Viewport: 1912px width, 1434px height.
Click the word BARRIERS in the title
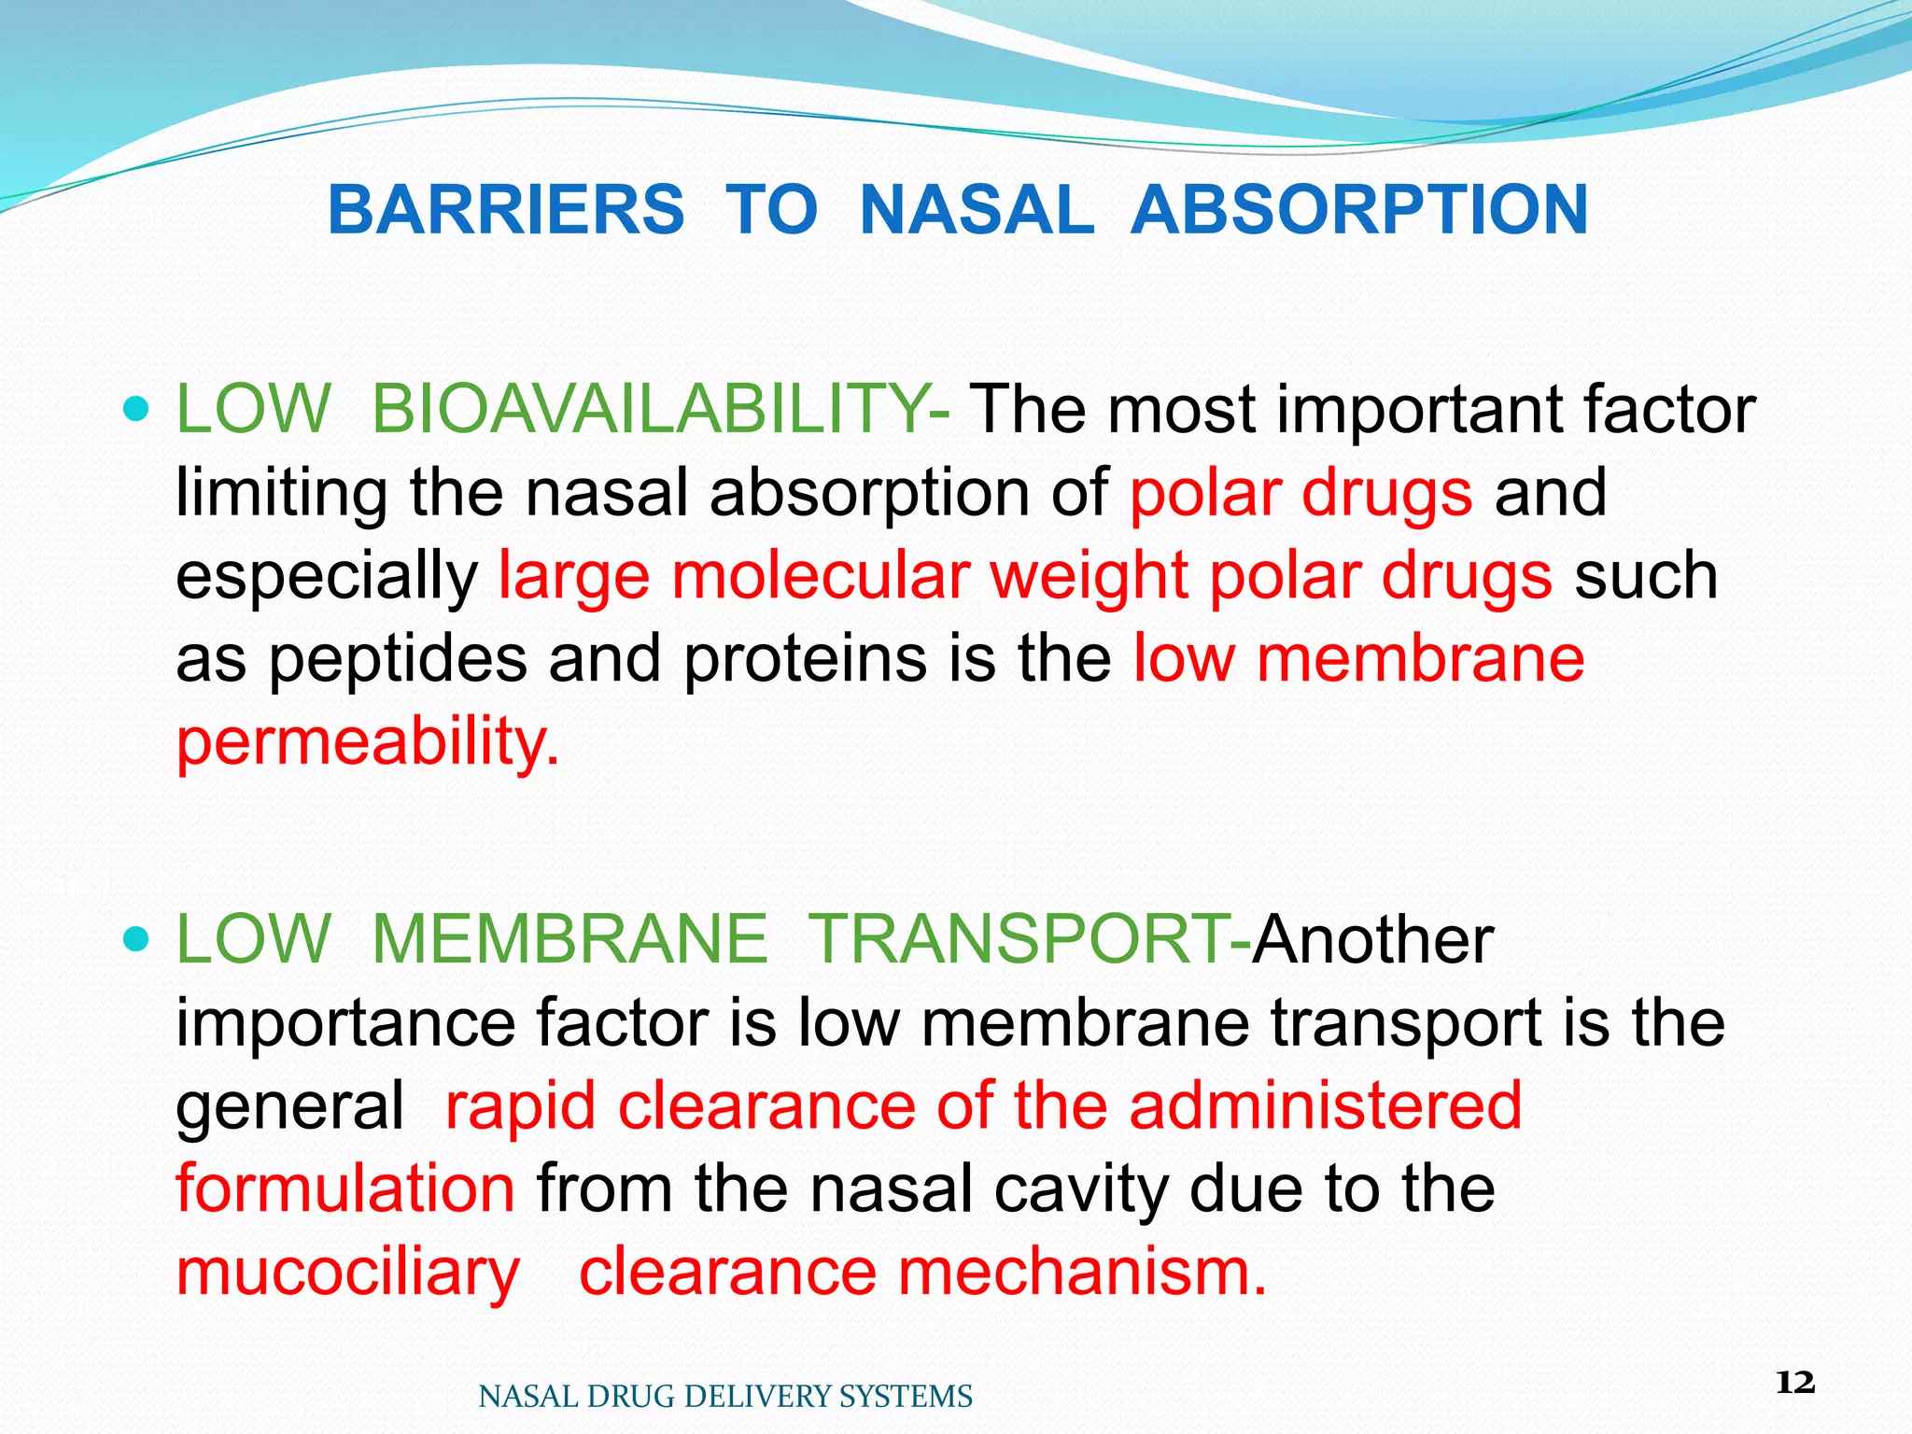point(506,209)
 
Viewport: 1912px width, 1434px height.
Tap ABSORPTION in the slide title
point(1359,209)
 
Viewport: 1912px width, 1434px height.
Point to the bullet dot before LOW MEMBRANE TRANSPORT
point(136,938)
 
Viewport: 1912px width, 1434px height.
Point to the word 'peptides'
point(399,658)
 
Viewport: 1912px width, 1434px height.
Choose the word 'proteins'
point(805,658)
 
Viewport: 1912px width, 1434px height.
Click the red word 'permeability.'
point(368,741)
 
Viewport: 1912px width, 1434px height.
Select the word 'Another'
point(1372,938)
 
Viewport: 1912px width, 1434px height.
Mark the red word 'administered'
point(1325,1104)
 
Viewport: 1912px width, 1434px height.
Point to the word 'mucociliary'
point(347,1272)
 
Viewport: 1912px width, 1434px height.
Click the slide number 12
point(1794,1382)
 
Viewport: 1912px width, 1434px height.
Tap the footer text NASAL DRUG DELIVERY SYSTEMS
point(725,1397)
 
